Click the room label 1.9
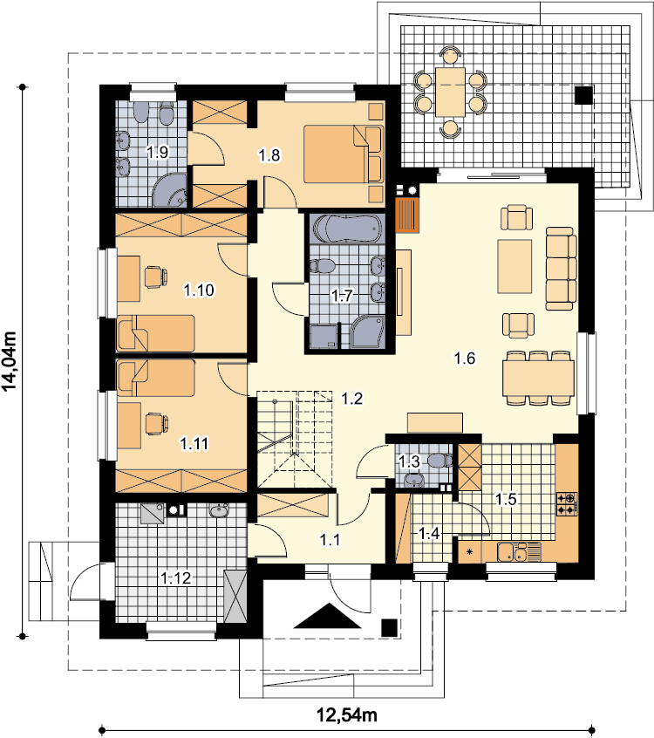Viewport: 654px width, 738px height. (158, 152)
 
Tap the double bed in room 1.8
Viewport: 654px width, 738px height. (343, 154)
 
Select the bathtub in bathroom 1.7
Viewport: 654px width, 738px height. (347, 229)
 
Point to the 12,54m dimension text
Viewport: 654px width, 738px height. (347, 715)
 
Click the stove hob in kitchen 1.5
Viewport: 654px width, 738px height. (567, 503)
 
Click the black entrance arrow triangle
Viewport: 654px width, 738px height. (328, 617)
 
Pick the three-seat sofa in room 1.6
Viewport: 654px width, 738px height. (561, 269)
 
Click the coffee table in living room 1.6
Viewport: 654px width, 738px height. (514, 266)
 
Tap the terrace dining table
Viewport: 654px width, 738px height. (450, 92)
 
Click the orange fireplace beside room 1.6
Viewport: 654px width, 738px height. (407, 215)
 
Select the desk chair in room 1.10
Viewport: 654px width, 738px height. (156, 277)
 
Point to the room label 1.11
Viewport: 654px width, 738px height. (194, 443)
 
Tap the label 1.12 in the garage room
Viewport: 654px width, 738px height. (176, 578)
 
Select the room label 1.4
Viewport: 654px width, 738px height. (429, 534)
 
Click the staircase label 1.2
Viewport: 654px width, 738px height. (352, 399)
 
